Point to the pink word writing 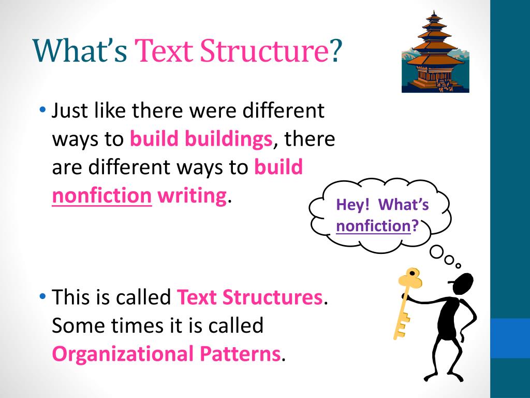click(x=193, y=196)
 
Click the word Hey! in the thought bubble click(x=353, y=205)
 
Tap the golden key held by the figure click(x=406, y=301)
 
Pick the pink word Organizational click(x=122, y=353)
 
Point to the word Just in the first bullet click(x=72, y=111)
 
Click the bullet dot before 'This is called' click(x=42, y=297)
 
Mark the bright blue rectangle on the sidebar click(x=510, y=338)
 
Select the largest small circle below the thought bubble click(x=437, y=252)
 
